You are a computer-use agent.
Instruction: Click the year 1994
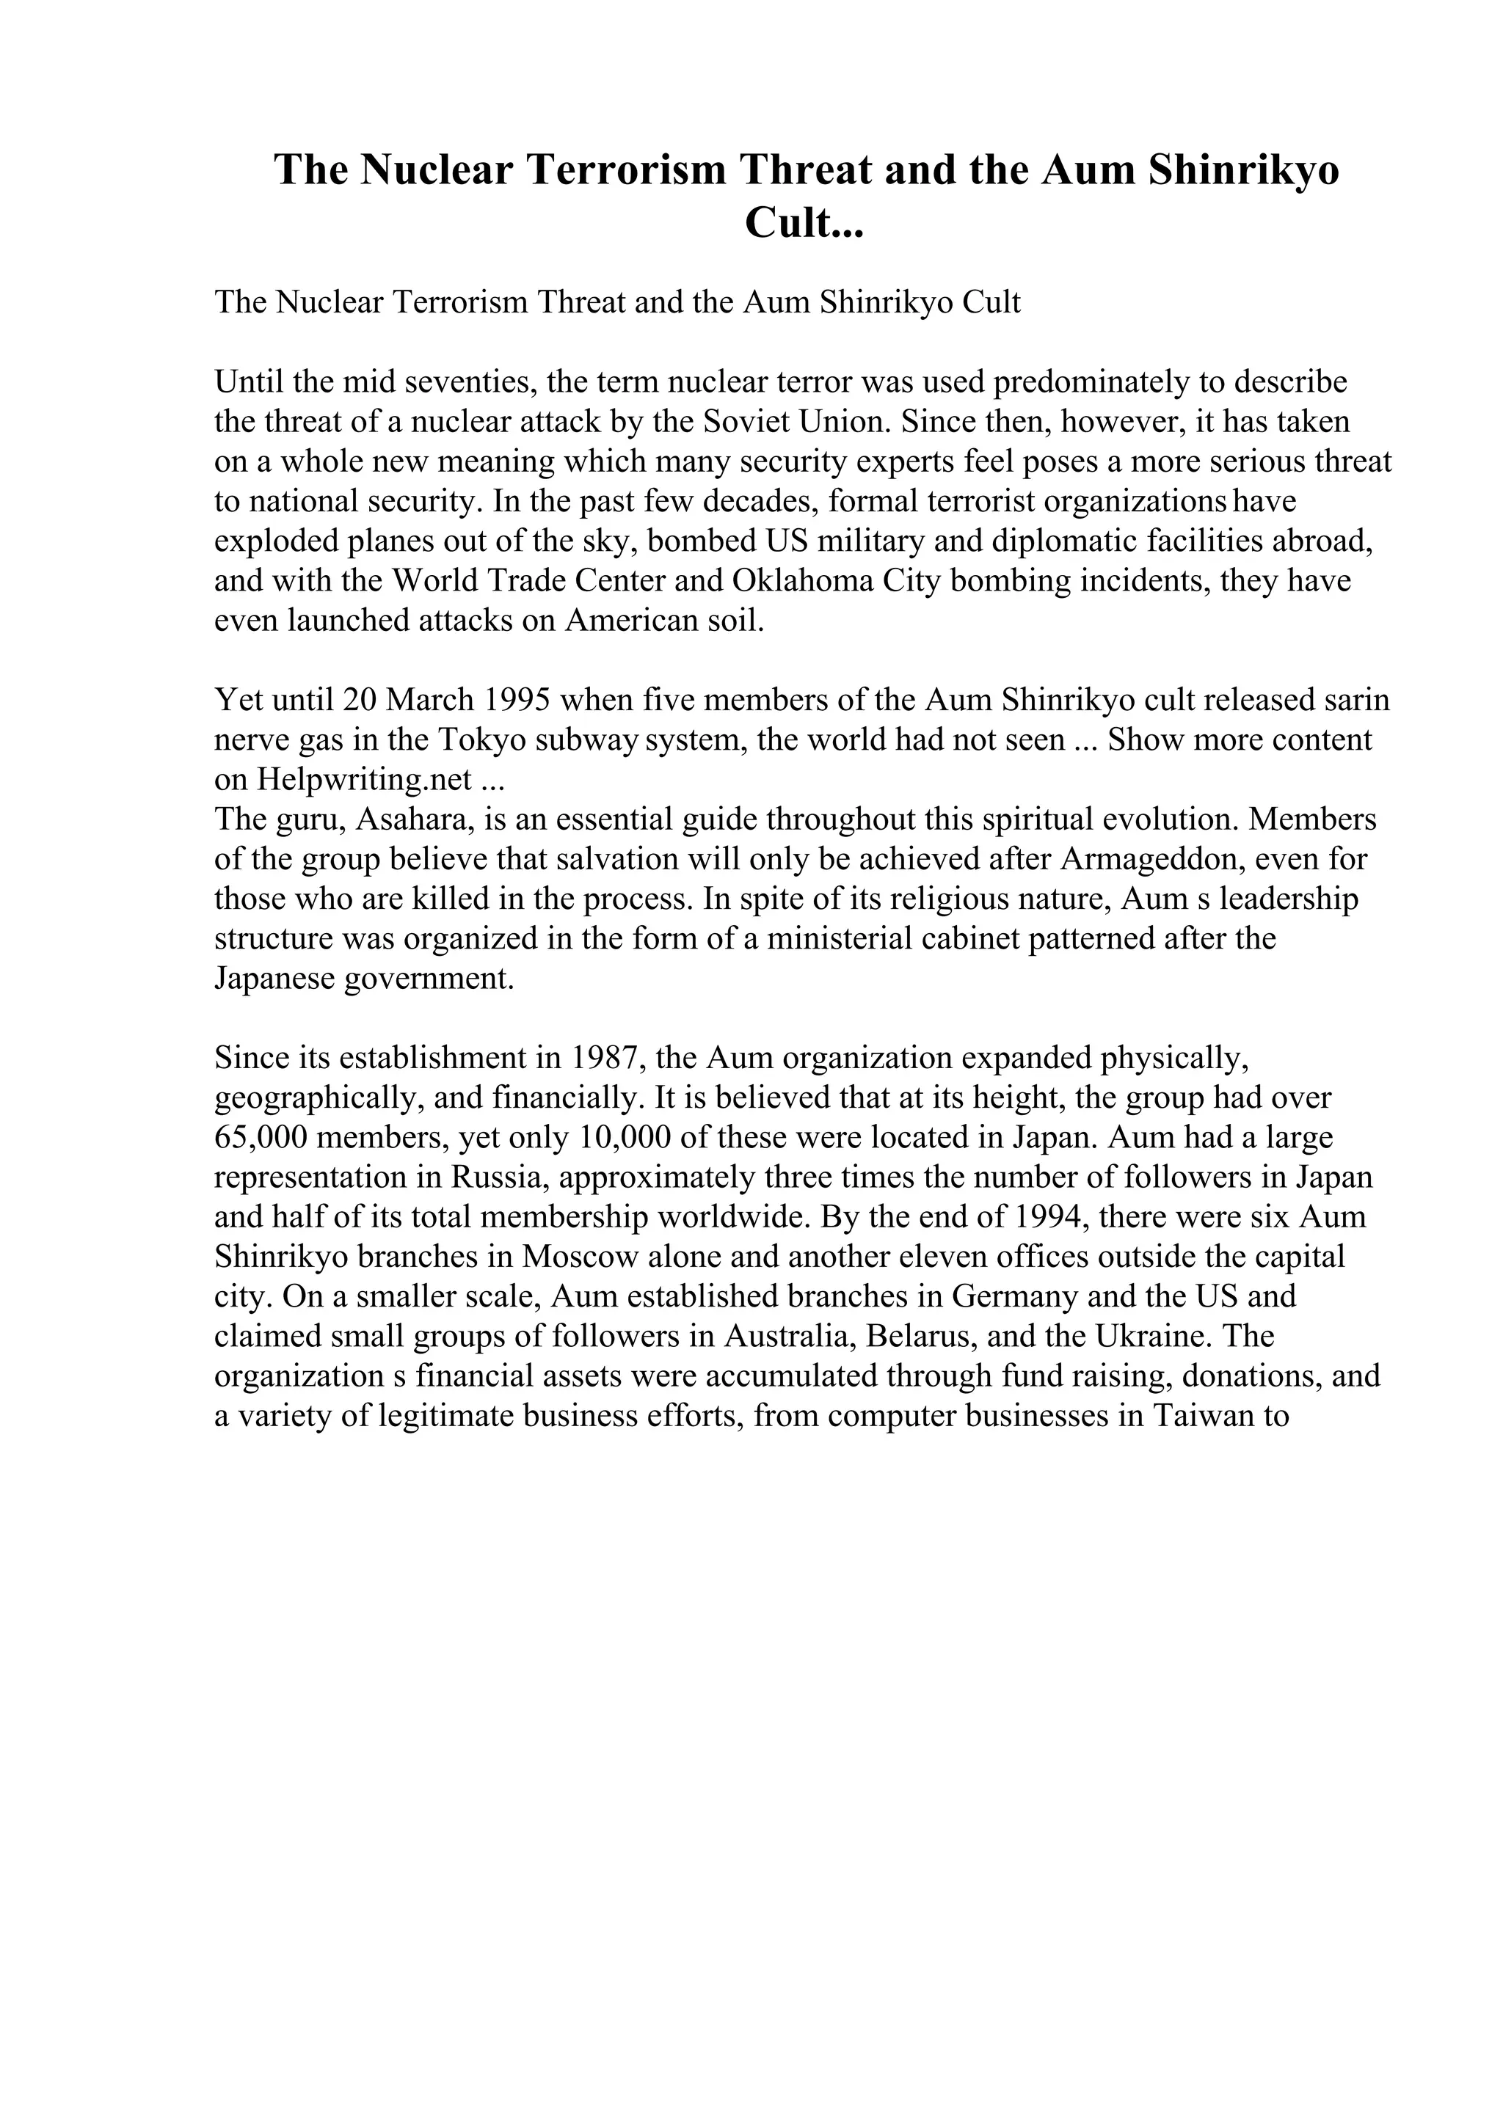coord(1049,1217)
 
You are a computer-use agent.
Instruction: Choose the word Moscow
coord(581,1257)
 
